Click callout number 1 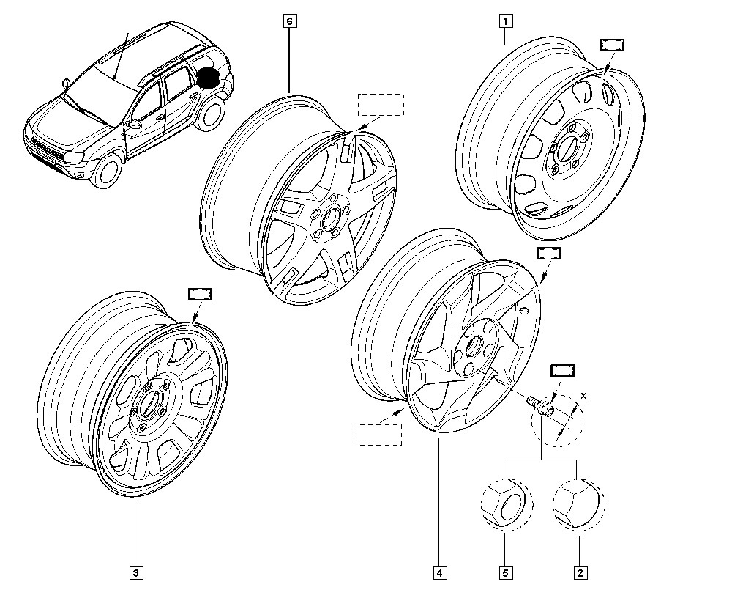[504, 21]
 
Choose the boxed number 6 [289, 21]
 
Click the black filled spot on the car [210, 78]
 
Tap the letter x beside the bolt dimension [583, 397]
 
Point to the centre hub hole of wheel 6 [329, 218]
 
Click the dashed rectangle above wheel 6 [379, 104]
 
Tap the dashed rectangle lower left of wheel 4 [378, 434]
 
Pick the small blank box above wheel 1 [612, 45]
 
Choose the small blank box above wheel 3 [200, 294]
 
